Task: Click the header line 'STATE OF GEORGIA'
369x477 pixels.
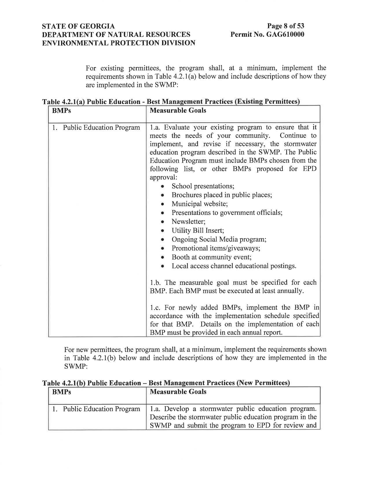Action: tap(78, 26)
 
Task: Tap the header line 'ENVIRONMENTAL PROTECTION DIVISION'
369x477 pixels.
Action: tap(119, 43)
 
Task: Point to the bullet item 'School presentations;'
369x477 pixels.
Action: tap(203, 186)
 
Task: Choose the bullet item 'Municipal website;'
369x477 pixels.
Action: tap(200, 204)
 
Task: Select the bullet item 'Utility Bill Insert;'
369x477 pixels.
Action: tap(198, 231)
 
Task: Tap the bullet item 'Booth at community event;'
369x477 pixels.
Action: tap(212, 257)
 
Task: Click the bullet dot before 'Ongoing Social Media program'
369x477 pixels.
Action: tap(163, 240)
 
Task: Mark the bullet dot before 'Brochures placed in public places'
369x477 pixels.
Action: tap(163, 195)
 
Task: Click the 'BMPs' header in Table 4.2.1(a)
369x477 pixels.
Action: tap(61, 111)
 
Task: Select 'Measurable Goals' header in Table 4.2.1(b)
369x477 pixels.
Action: tap(178, 392)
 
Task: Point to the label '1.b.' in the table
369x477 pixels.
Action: tap(155, 282)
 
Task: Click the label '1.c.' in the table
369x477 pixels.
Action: tap(155, 307)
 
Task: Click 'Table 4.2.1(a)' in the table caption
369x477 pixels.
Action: tap(63, 102)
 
